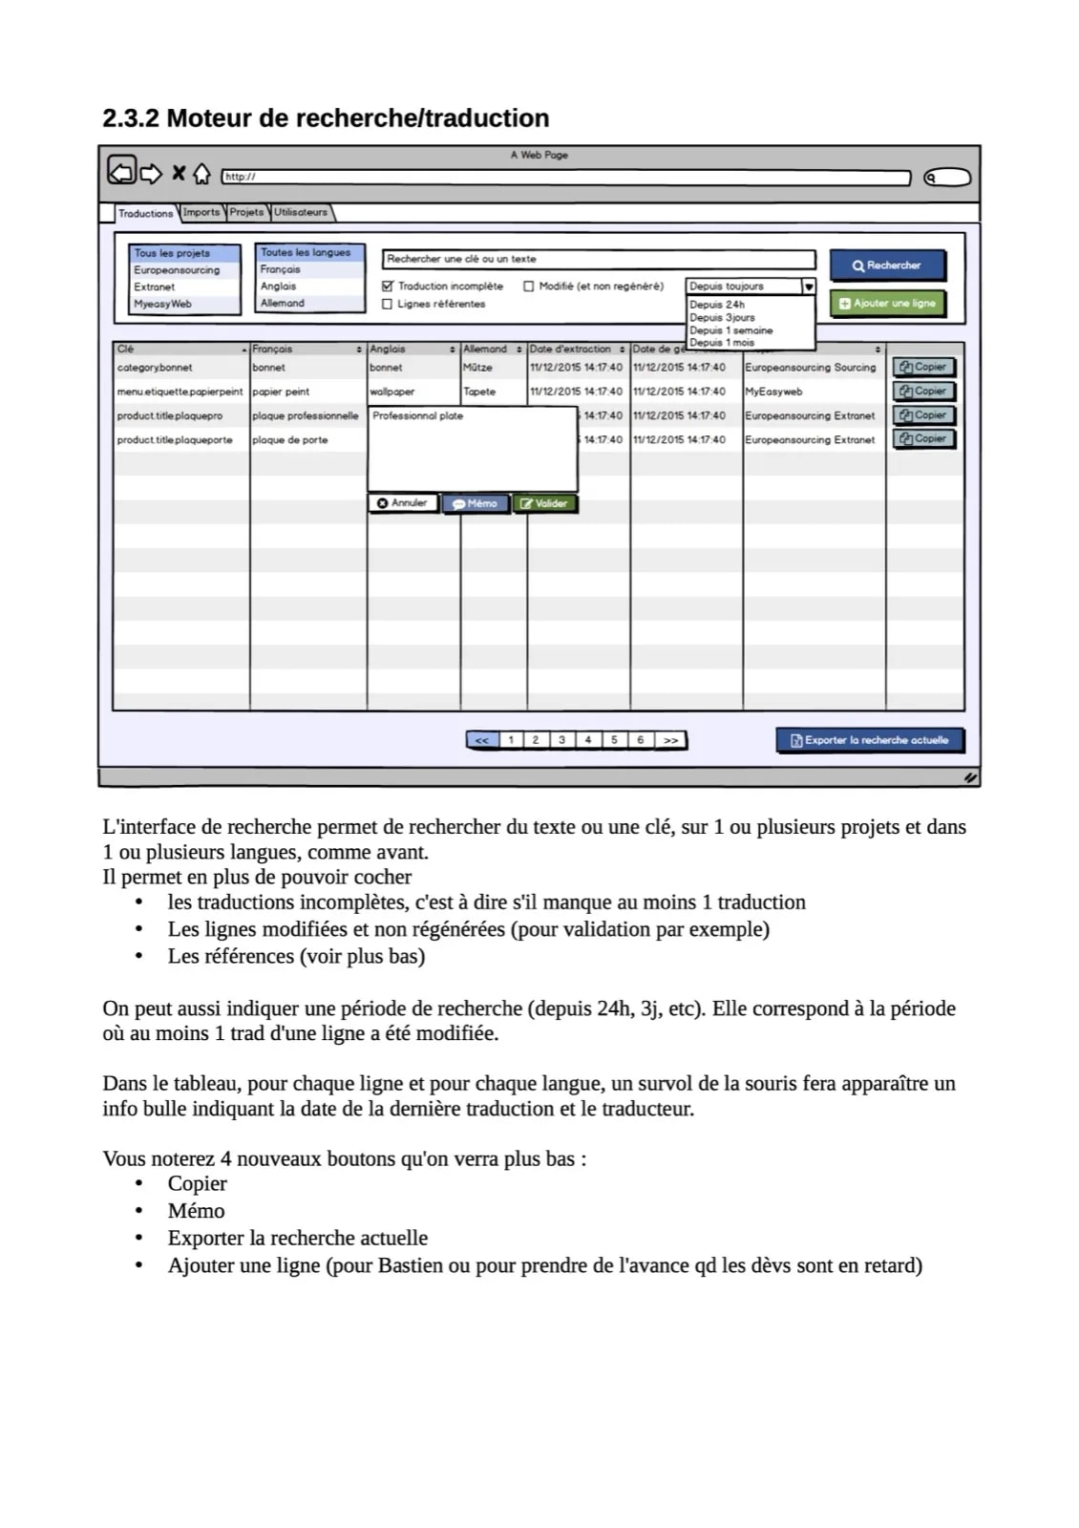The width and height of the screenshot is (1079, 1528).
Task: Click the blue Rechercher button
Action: (887, 265)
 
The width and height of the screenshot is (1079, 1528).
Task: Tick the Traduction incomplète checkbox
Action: (388, 286)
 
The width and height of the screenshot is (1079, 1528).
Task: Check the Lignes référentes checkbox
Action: (388, 304)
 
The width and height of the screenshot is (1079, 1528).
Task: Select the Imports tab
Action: (201, 212)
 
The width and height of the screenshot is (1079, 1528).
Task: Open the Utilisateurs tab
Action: (301, 212)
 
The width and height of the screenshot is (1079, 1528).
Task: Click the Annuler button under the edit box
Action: (402, 503)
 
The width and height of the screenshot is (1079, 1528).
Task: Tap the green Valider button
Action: (545, 503)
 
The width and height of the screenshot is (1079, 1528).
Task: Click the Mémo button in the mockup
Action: (475, 503)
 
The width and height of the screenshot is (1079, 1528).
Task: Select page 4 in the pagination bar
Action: (588, 740)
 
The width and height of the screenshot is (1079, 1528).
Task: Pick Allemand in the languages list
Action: (283, 303)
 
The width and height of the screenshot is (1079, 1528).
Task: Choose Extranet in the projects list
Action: (155, 286)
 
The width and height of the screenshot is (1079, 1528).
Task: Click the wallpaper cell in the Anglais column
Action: (392, 392)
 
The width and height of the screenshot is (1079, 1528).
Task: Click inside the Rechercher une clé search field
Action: (598, 259)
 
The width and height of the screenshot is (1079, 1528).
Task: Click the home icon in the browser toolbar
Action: (201, 174)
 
